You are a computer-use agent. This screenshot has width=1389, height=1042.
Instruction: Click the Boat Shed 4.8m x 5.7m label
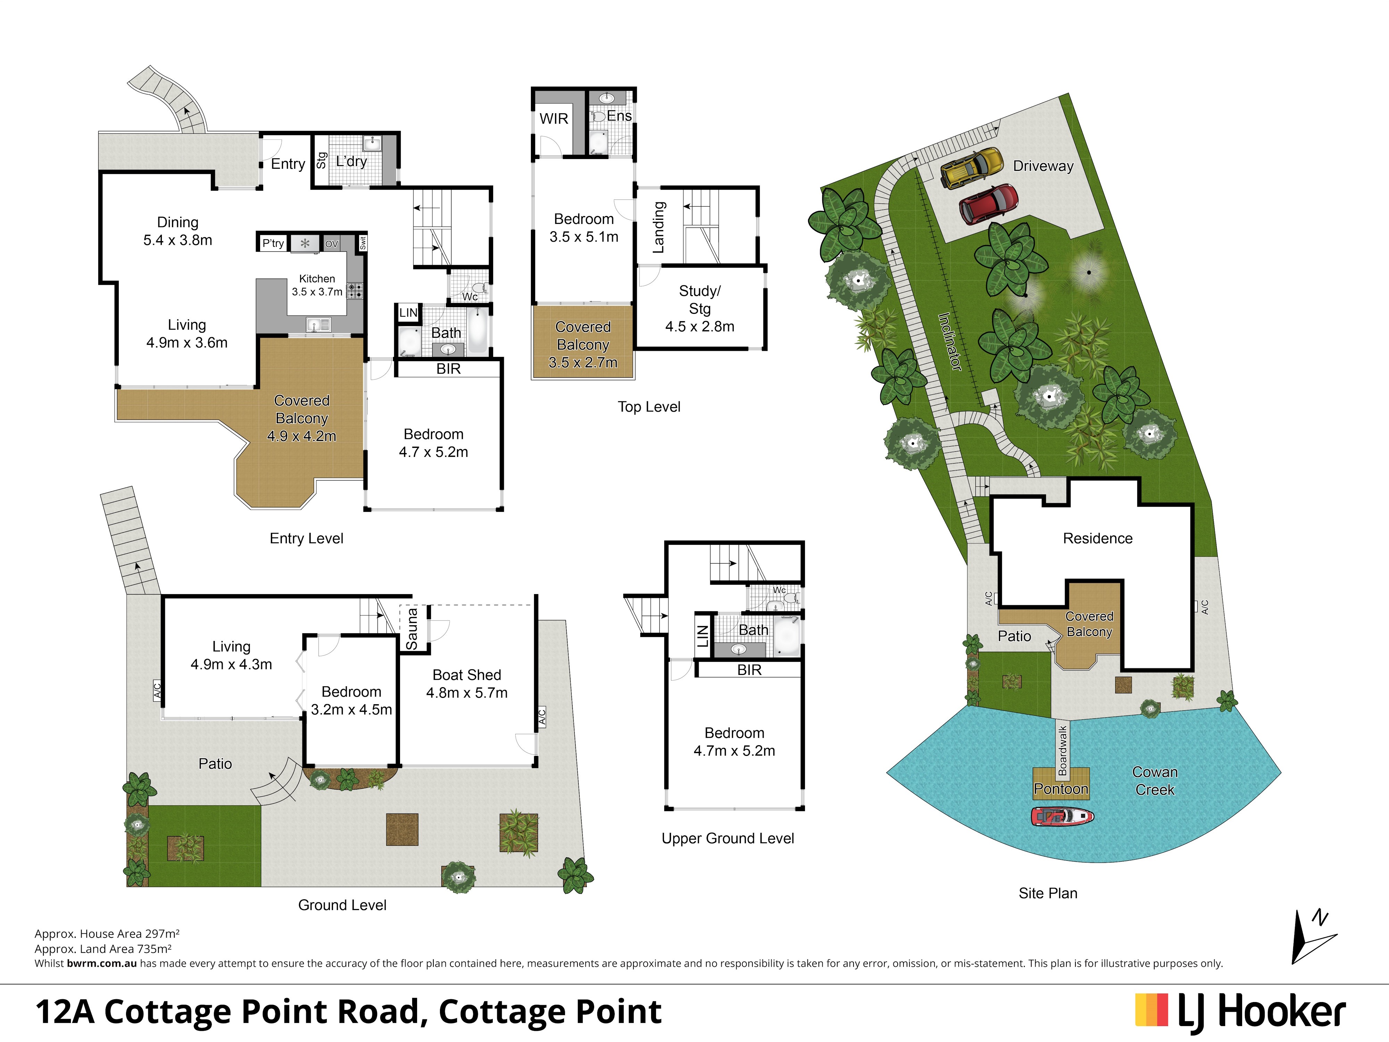tap(467, 684)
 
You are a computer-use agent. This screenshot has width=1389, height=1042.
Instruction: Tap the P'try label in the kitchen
tap(273, 243)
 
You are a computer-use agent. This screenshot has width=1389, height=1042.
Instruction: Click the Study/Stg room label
tap(699, 308)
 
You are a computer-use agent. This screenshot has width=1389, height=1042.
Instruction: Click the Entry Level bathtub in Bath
tap(478, 331)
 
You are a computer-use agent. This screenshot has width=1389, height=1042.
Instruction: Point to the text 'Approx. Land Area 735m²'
tap(103, 949)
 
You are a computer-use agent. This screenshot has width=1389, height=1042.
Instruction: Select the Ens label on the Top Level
tap(619, 116)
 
